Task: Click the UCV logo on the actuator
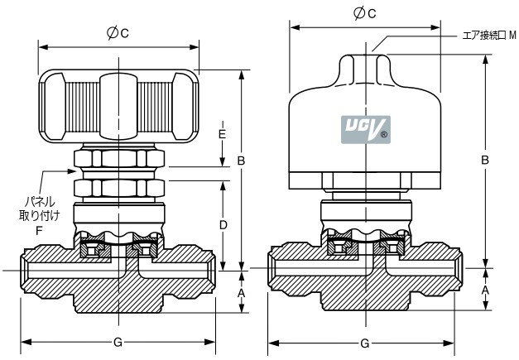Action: pos(366,129)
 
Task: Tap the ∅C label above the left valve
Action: pos(118,33)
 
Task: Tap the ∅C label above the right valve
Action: pos(365,13)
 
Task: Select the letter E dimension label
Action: pos(222,134)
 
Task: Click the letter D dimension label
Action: pos(223,225)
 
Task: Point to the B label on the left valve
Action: pos(242,161)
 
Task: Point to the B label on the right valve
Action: pos(485,161)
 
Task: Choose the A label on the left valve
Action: pos(242,293)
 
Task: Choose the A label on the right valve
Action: pos(485,290)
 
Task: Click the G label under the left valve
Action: pos(118,343)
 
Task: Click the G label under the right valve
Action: pos(364,343)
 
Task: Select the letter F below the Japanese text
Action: pos(39,230)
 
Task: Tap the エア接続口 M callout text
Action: pos(489,35)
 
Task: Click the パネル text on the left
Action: pos(40,201)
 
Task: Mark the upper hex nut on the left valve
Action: pos(119,159)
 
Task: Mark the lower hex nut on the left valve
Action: pos(119,188)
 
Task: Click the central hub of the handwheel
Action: pos(118,106)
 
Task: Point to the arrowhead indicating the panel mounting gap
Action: pos(72,171)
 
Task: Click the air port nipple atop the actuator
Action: pos(365,69)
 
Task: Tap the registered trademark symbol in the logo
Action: pos(384,135)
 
